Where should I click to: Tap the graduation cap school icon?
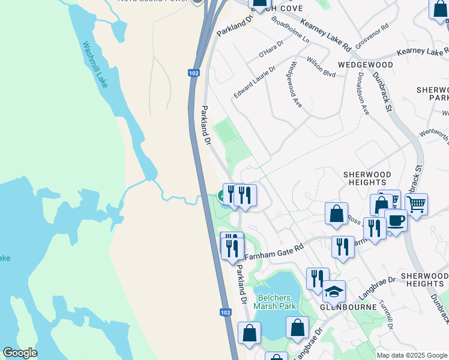coord(334,292)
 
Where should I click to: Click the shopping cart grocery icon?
coord(416,204)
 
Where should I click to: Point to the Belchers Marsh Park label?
coord(275,302)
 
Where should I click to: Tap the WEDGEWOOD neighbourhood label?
coord(365,65)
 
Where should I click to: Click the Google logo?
coord(20,353)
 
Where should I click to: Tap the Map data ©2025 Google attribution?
coord(411,355)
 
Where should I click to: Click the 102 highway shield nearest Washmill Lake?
coord(193,73)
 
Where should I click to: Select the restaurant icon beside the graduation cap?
coord(318,278)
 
